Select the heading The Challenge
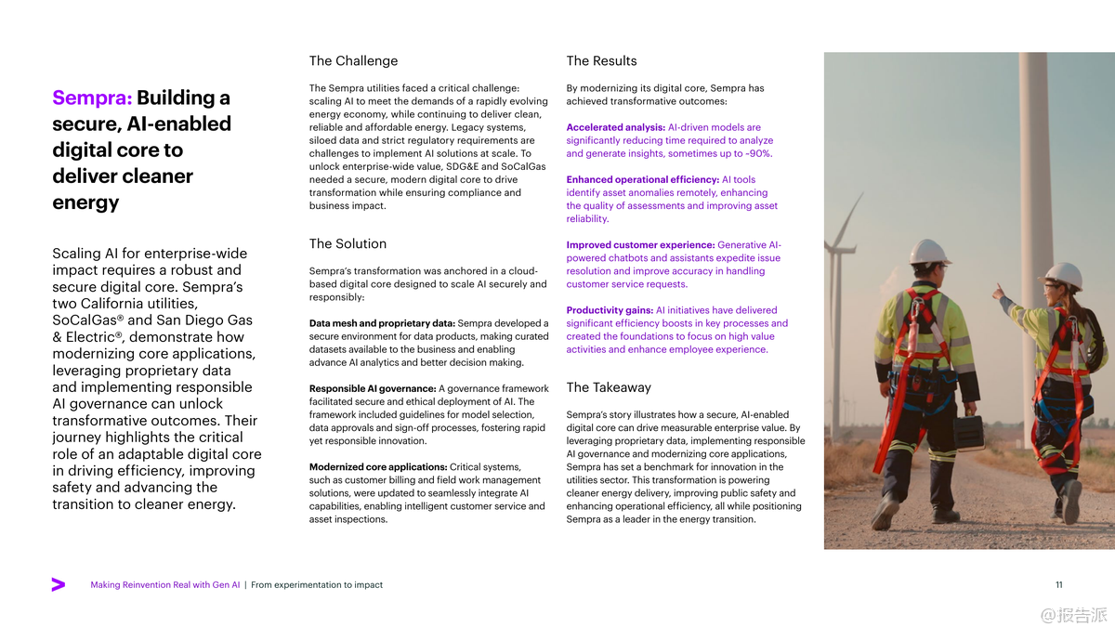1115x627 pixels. point(353,61)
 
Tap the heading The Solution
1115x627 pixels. point(348,244)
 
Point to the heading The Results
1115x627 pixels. point(601,61)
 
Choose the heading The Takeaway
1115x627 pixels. point(609,387)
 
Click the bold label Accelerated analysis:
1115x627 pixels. point(615,127)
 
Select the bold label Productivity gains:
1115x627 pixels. point(610,310)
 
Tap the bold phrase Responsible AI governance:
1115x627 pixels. point(372,388)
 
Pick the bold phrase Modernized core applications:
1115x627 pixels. point(377,466)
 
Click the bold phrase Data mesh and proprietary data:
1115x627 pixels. point(382,323)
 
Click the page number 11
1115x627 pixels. point(1059,585)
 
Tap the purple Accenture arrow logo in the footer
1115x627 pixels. point(59,585)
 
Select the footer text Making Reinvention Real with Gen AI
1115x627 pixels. point(165,585)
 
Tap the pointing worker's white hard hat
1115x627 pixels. point(1062,275)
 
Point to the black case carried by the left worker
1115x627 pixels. point(969,433)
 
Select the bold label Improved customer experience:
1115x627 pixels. point(640,245)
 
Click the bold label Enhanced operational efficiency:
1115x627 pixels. point(642,179)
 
